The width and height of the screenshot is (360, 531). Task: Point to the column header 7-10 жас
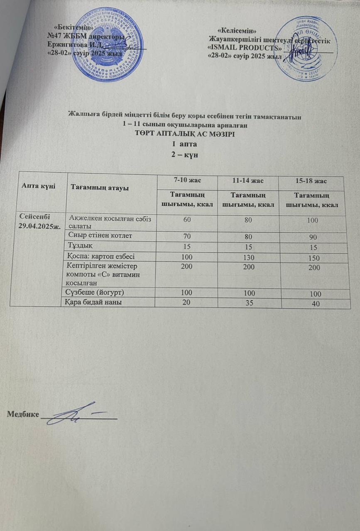tap(185, 180)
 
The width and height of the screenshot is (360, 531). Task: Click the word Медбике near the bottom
tap(23, 414)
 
